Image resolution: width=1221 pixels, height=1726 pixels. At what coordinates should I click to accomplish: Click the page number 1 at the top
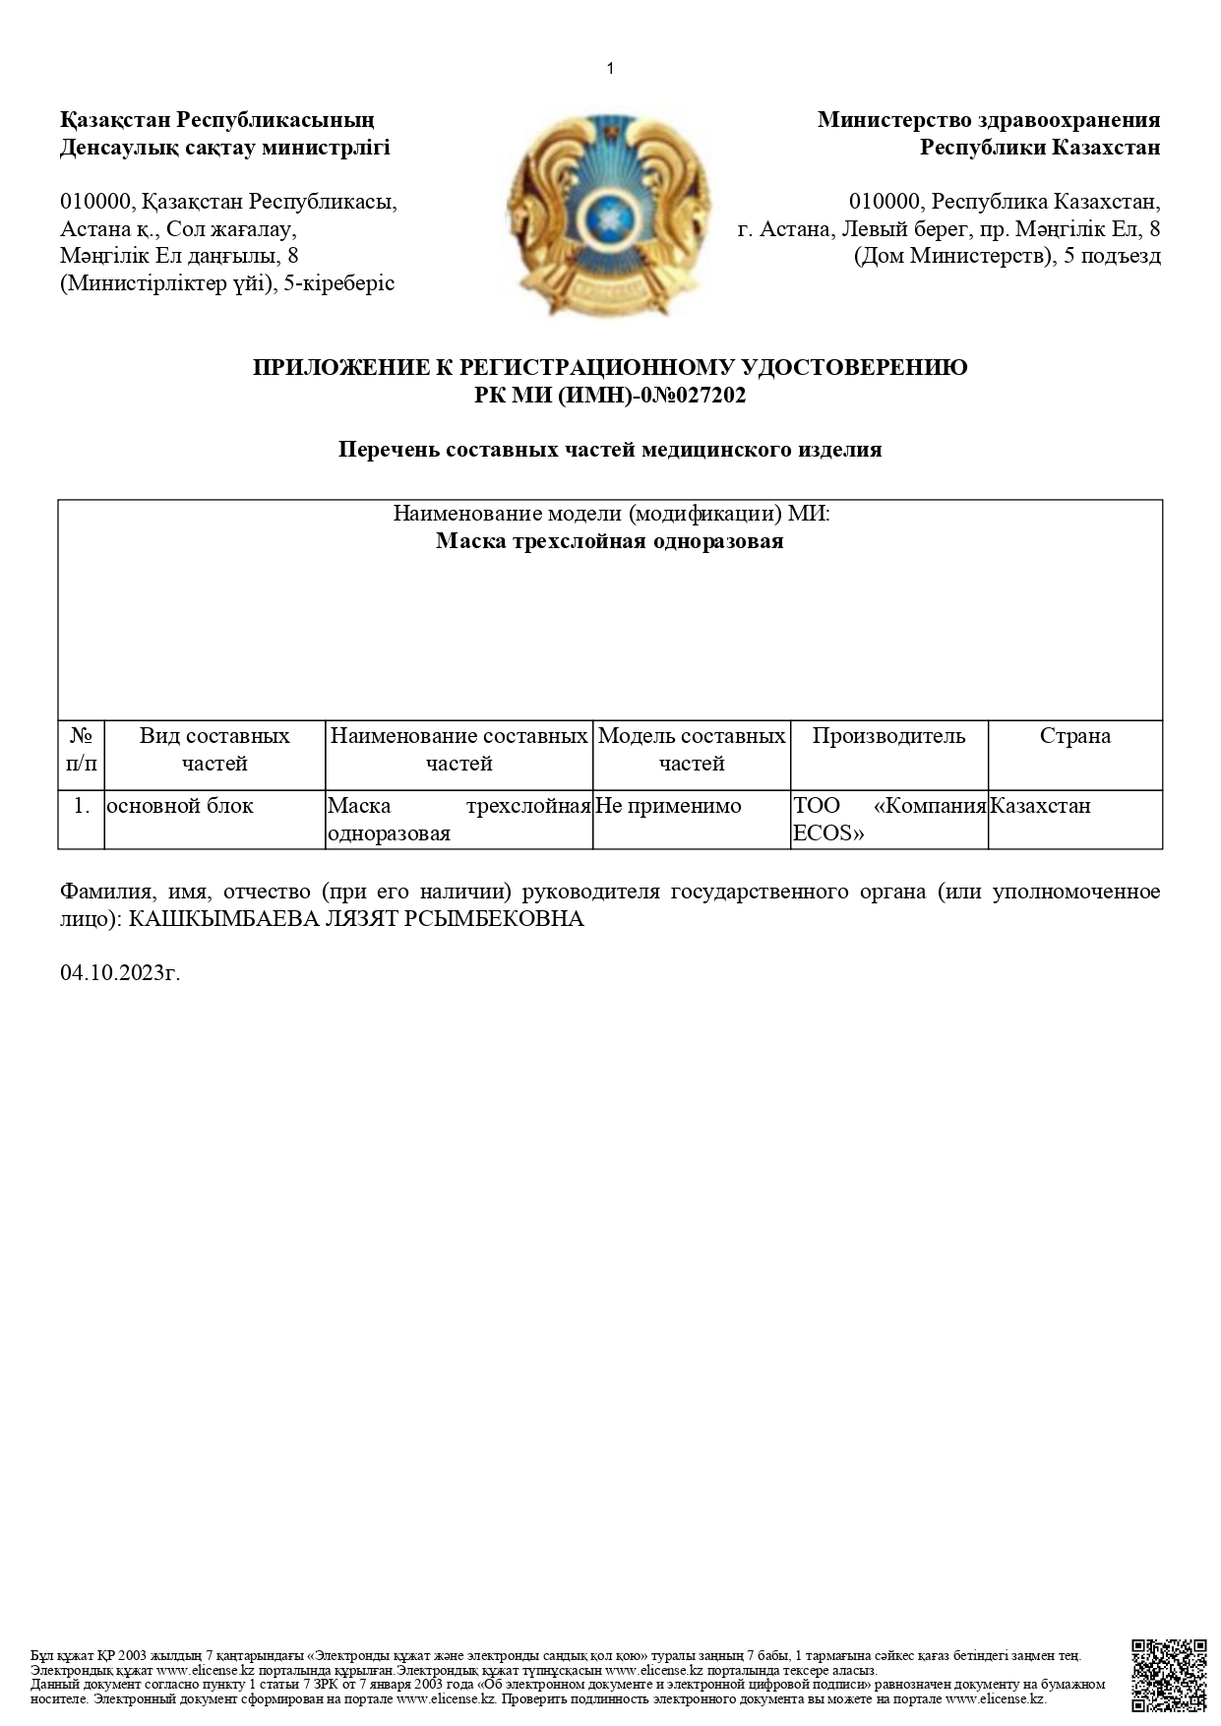point(610,68)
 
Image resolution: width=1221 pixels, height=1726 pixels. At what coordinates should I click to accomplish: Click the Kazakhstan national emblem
point(608,215)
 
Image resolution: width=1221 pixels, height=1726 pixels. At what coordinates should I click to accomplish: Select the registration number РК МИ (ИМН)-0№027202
point(610,396)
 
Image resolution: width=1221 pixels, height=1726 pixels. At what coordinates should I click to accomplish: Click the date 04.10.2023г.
point(120,973)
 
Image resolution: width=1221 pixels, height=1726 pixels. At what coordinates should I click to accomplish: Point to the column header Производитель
point(888,736)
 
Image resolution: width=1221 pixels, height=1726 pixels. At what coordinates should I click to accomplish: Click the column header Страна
point(1074,736)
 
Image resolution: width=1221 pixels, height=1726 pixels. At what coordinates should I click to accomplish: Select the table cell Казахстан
point(1041,806)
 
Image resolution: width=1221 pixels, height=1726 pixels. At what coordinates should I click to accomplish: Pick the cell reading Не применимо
point(669,806)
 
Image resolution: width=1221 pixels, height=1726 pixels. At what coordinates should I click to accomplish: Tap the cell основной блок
point(180,806)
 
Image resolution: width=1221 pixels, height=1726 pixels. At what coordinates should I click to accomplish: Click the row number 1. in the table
point(82,806)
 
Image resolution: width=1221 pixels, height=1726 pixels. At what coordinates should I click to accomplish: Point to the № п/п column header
point(82,749)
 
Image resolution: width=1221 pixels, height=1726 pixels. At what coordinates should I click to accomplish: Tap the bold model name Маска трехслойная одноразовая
point(610,541)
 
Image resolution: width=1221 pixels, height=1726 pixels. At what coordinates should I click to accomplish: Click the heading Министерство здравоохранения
point(988,120)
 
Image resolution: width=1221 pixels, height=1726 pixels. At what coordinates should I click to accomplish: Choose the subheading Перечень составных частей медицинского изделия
point(610,450)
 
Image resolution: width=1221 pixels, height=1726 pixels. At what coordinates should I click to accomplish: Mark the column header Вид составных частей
point(214,749)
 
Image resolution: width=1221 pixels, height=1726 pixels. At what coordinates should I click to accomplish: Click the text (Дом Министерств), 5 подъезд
point(1007,257)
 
